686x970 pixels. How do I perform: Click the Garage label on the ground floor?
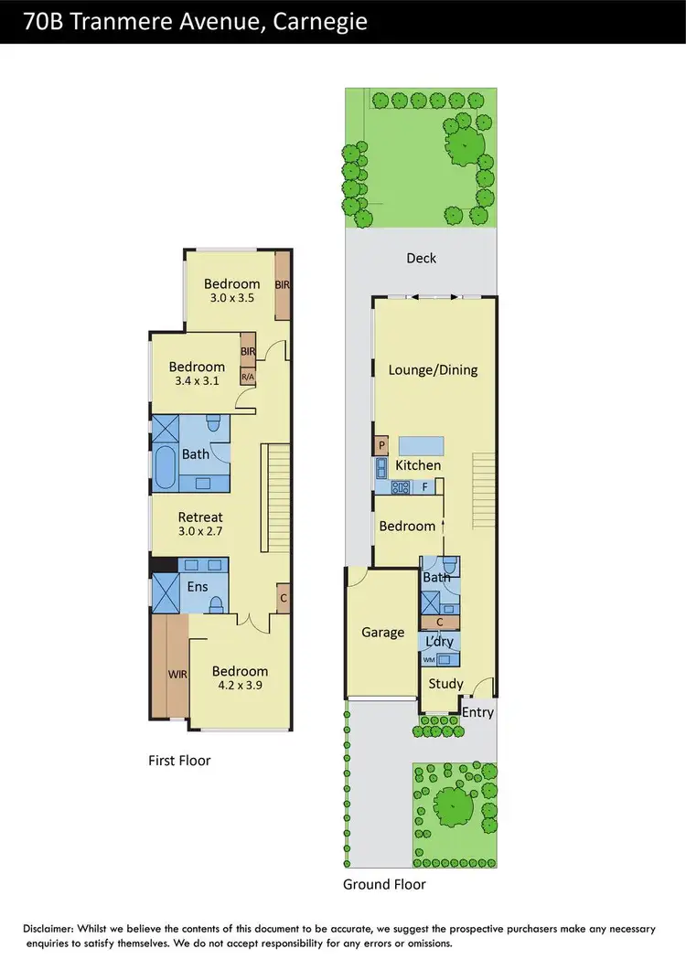click(x=382, y=632)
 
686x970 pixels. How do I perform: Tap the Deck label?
click(x=421, y=259)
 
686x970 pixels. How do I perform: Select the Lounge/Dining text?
click(x=433, y=370)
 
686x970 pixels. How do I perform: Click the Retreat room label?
click(x=200, y=517)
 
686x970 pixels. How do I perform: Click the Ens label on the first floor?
click(x=197, y=587)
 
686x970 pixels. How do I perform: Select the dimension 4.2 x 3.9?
click(x=240, y=686)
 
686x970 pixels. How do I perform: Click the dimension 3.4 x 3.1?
click(x=196, y=382)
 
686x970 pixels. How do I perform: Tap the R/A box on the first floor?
click(x=247, y=376)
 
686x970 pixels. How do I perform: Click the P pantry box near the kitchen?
click(x=381, y=445)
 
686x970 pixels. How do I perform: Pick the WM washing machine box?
click(x=430, y=658)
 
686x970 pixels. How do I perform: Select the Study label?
click(x=445, y=684)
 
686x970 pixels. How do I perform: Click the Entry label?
click(x=477, y=712)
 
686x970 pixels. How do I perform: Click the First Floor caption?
click(x=179, y=760)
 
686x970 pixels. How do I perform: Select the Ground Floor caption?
click(x=384, y=884)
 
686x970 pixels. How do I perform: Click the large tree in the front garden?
click(x=455, y=805)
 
